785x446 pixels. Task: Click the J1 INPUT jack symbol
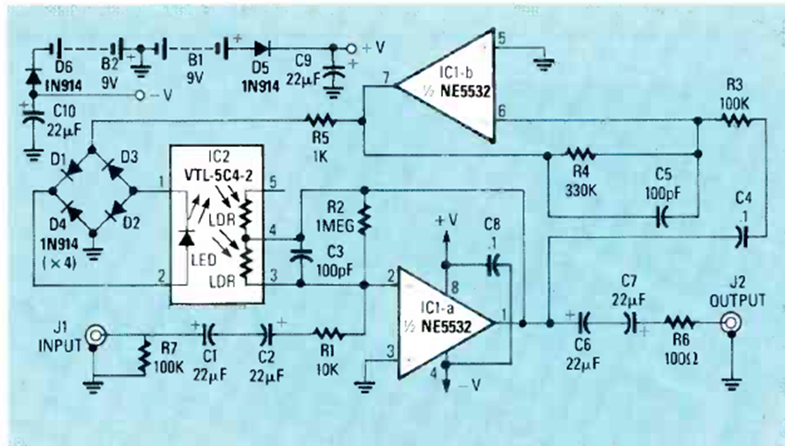point(94,335)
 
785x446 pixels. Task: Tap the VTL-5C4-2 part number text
point(214,176)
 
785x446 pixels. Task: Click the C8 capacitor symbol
point(493,264)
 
